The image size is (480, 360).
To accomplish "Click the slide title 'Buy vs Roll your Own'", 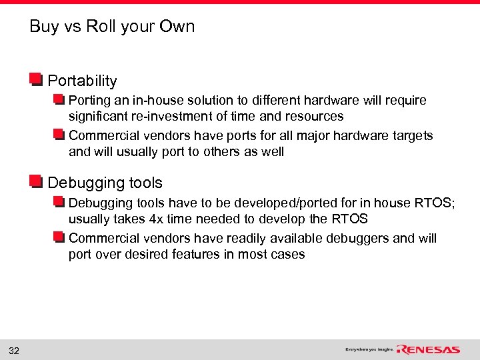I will (112, 27).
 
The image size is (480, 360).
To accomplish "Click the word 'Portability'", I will (82, 81).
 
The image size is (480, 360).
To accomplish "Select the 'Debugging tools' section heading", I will (105, 183).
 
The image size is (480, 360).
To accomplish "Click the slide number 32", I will (14, 351).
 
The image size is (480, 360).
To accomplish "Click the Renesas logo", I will (428, 349).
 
